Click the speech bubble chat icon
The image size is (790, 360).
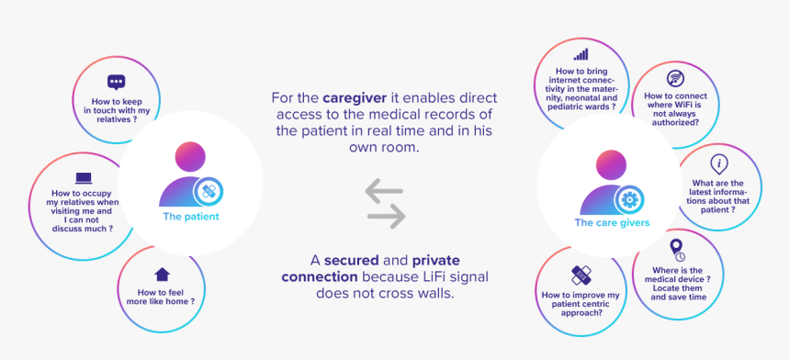(117, 83)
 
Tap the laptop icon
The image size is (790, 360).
(84, 179)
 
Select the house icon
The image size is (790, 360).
(163, 275)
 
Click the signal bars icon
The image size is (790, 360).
(581, 54)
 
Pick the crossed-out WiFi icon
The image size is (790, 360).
(675, 79)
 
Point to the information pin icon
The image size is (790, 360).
(719, 164)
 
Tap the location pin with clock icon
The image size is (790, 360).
(677, 250)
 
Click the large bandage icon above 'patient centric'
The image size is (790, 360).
(581, 275)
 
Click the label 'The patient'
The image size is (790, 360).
(191, 217)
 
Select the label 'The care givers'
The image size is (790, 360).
(612, 222)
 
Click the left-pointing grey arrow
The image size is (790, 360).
(384, 191)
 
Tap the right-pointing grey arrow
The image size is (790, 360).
(387, 217)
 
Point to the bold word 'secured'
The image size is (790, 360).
(352, 261)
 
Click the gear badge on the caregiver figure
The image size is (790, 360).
(629, 200)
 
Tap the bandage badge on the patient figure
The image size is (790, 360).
(209, 191)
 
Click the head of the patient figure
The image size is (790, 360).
(190, 157)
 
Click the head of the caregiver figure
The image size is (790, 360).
(611, 165)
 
